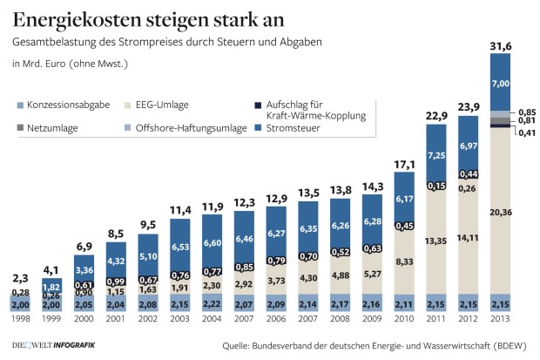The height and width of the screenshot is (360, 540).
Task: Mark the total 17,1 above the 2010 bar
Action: point(405,163)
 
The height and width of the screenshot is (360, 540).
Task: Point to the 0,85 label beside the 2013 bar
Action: point(525,112)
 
